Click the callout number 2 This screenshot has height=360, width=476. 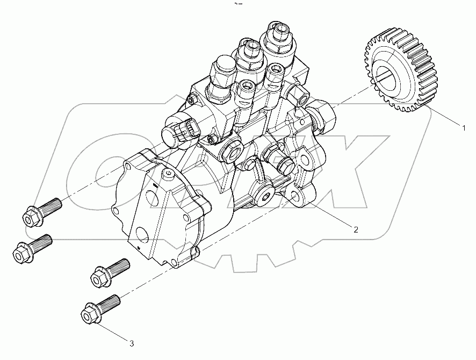point(355,229)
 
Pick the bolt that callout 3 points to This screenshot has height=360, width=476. point(97,307)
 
